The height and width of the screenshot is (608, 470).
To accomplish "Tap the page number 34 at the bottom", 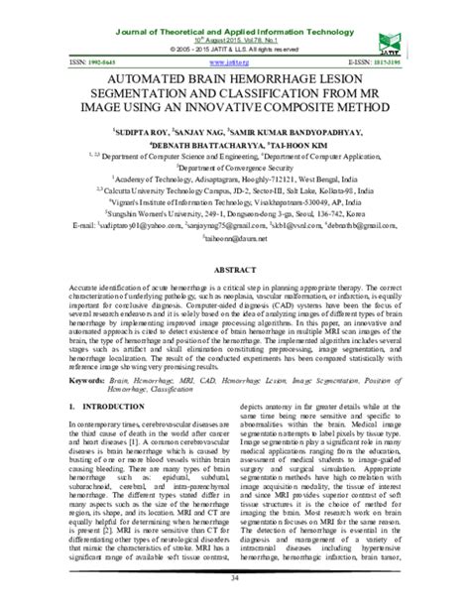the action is click(x=235, y=597).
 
